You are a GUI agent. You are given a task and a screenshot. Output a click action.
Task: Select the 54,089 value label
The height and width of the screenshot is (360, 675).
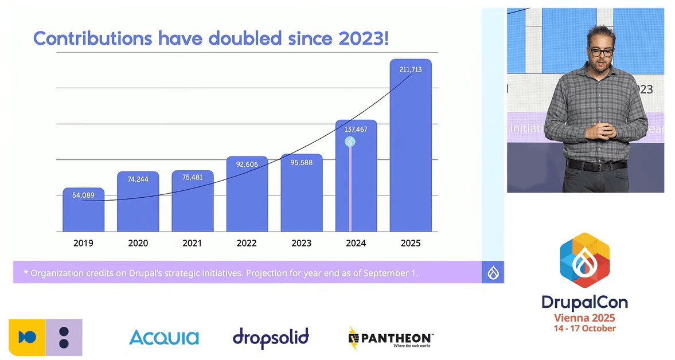click(83, 195)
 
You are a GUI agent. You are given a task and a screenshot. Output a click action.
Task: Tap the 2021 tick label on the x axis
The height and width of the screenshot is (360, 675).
click(192, 243)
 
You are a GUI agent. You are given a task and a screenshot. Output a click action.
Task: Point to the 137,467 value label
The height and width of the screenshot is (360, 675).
click(356, 130)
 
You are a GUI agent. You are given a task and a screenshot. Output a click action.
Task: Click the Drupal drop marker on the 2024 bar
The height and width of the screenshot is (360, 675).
click(350, 142)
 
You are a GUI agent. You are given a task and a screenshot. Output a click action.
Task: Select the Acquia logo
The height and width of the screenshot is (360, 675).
click(164, 337)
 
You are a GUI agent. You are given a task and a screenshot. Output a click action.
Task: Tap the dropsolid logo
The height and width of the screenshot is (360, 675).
click(271, 337)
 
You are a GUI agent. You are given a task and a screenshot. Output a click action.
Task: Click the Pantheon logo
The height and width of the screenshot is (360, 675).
click(391, 338)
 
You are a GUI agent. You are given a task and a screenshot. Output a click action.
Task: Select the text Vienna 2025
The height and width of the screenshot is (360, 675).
click(584, 318)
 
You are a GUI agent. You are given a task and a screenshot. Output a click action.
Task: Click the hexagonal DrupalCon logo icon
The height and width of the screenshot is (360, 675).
click(584, 260)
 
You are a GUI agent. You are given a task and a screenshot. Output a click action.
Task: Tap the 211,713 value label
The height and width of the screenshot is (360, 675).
click(410, 69)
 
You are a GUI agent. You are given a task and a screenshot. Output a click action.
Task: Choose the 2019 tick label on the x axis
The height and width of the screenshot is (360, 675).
click(83, 243)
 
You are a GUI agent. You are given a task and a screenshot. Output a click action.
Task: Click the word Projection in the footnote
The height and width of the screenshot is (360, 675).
click(268, 273)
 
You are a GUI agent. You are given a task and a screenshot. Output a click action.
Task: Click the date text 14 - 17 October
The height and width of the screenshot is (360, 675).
click(584, 328)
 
